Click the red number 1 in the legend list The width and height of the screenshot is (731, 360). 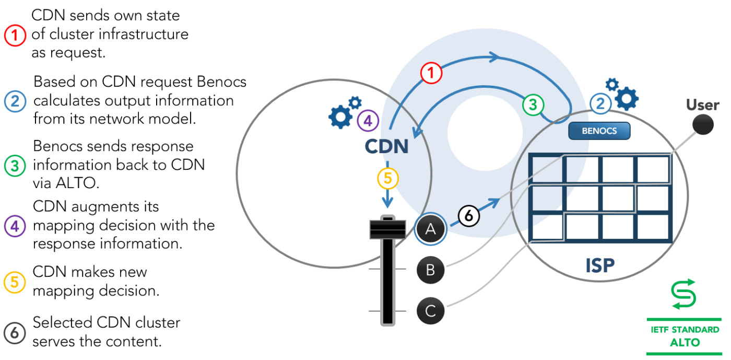click(15, 36)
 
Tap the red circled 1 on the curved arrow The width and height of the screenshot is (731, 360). click(431, 73)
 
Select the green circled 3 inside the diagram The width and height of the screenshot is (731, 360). click(533, 105)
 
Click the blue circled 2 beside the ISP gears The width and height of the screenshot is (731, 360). click(600, 103)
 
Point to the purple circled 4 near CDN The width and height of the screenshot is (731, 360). click(368, 121)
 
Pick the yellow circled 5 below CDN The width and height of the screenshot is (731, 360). click(387, 178)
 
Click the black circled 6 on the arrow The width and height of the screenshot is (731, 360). click(469, 216)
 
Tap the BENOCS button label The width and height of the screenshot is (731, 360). click(599, 131)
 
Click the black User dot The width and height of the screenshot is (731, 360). click(703, 124)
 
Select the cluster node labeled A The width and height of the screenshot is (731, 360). click(430, 229)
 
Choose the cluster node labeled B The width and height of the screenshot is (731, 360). click(430, 270)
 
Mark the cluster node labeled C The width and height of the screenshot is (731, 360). click(430, 311)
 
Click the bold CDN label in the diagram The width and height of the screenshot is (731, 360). click(387, 146)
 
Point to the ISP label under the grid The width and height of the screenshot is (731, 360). click(600, 265)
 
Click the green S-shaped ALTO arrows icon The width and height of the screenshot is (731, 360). click(683, 294)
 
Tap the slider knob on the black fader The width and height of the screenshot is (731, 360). click(387, 229)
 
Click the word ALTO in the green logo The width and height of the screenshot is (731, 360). click(685, 342)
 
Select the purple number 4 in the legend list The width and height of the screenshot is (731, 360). click(15, 226)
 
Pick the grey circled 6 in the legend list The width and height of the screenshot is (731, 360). click(15, 333)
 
